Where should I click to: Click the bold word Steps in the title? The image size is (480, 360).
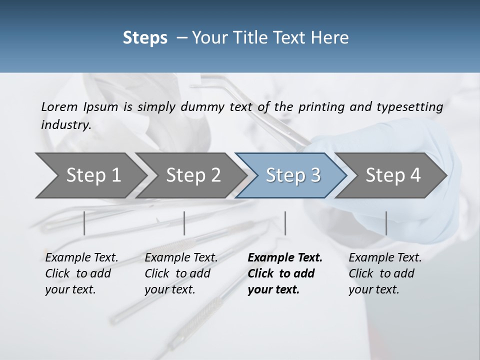(x=145, y=38)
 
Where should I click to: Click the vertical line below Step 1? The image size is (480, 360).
(x=84, y=223)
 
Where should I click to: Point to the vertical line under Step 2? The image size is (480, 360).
(x=184, y=223)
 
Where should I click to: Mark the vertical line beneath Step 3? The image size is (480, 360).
(x=285, y=223)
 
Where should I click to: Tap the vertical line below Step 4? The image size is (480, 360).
(x=386, y=223)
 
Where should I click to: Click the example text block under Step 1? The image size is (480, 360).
(x=81, y=273)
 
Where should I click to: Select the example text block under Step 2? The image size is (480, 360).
(x=181, y=273)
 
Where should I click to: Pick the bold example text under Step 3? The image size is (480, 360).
(x=285, y=273)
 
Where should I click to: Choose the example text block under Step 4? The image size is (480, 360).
(x=385, y=273)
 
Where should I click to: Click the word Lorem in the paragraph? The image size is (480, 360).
(x=59, y=106)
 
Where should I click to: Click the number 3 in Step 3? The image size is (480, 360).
(x=315, y=175)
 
